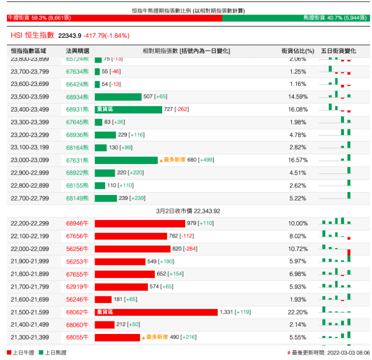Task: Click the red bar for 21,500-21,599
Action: (x=156, y=312)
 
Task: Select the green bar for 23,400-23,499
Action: (x=128, y=109)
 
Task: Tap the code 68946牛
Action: (x=77, y=223)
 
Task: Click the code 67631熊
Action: (x=77, y=160)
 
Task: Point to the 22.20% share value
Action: (x=298, y=312)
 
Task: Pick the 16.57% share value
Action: (x=298, y=160)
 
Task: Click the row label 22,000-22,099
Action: (x=30, y=248)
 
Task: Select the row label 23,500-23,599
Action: (x=30, y=96)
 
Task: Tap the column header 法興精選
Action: (x=78, y=51)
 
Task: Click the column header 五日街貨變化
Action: (x=338, y=51)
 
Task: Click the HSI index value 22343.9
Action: (x=70, y=35)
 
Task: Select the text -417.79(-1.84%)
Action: (x=106, y=35)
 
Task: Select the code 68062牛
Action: (x=77, y=312)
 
